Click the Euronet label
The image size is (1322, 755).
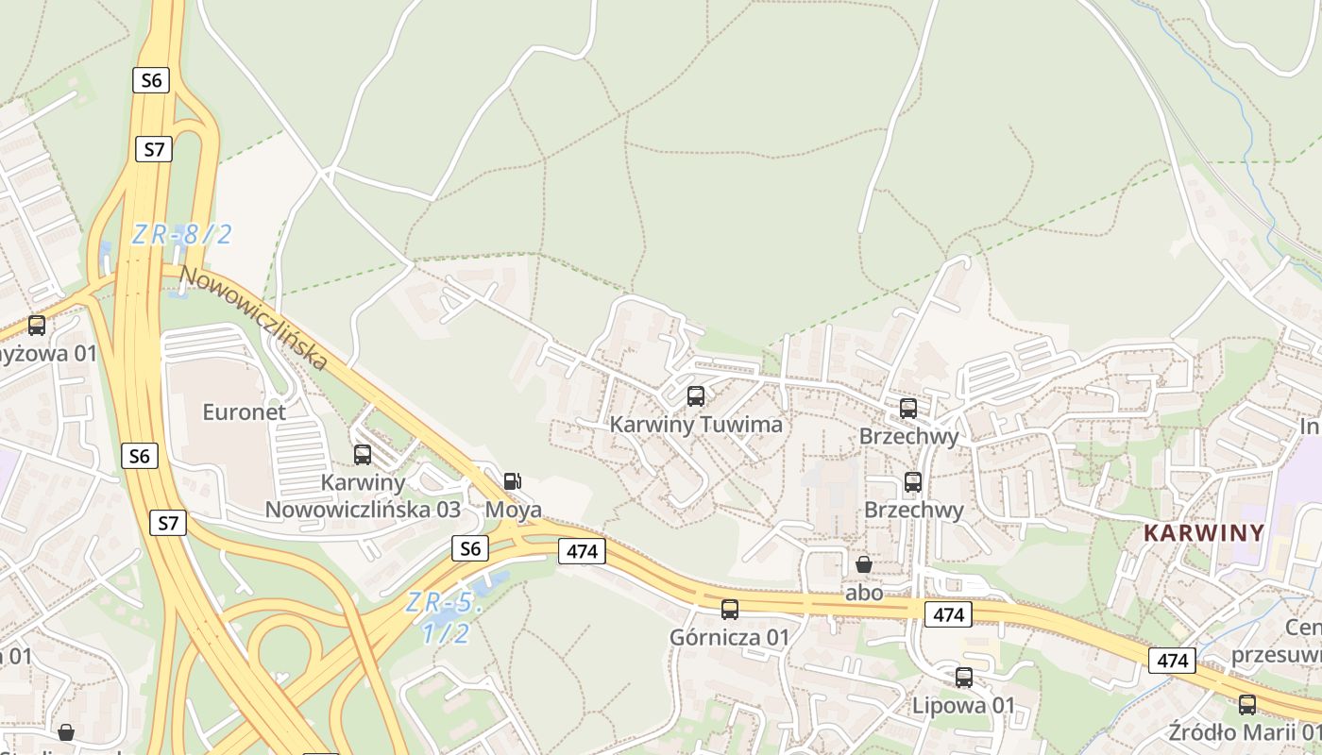244,411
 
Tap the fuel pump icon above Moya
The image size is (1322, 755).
512,480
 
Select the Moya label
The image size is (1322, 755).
514,510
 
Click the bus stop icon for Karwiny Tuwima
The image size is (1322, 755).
696,396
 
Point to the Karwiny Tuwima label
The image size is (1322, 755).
696,425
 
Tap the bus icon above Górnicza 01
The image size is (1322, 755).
730,610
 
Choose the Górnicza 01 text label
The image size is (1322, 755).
729,637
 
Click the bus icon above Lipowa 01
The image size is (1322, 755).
964,678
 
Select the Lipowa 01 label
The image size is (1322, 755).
963,705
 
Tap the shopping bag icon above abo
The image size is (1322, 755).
864,564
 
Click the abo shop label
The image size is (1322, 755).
864,593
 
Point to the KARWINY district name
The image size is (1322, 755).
1204,532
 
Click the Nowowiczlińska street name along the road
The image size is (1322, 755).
255,318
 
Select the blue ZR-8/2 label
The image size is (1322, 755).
181,234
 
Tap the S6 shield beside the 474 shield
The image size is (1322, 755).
470,548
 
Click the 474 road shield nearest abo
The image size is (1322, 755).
948,615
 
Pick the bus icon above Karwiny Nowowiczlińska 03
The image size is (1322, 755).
363,455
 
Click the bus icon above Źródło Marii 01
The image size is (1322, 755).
1247,704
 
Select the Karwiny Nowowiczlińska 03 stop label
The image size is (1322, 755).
363,496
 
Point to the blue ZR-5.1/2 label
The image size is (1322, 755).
445,617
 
